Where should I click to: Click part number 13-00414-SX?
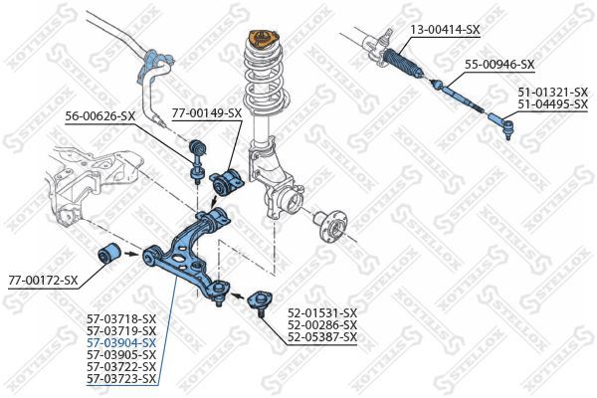coord(445,30)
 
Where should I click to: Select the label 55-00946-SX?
coord(499,66)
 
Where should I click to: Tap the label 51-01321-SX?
coord(552,92)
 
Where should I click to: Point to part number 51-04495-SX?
coord(552,103)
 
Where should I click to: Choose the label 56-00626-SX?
coord(99,116)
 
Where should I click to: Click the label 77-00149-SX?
coord(206,112)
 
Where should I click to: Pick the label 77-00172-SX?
coord(42,281)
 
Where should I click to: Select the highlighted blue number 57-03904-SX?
coord(121,342)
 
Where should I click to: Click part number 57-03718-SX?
coord(121,318)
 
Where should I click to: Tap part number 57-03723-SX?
coord(121,378)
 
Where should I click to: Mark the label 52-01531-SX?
coord(321,312)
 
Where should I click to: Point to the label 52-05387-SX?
coord(321,336)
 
